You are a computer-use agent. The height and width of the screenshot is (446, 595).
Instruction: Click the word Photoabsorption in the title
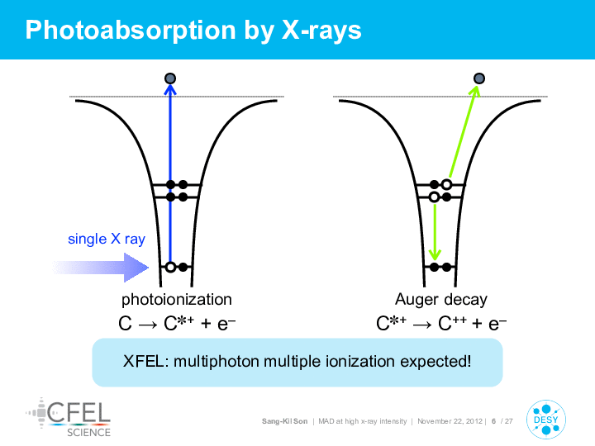click(x=131, y=31)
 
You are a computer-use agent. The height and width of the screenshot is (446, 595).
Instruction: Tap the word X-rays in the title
click(x=321, y=30)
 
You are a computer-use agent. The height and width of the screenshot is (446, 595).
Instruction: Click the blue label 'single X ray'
click(x=107, y=239)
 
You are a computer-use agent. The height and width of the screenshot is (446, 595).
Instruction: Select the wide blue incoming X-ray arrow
click(x=101, y=268)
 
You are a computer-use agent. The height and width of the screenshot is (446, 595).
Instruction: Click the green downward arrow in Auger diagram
click(x=435, y=232)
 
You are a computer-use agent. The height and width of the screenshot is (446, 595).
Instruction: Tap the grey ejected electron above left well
click(x=170, y=78)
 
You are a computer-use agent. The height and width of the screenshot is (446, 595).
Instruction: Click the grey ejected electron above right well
click(x=479, y=78)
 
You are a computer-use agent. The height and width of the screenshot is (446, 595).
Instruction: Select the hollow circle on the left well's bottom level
click(x=171, y=268)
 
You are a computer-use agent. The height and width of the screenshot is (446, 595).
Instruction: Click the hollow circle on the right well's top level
click(x=446, y=185)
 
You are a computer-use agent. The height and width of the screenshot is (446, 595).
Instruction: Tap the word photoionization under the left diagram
click(x=177, y=300)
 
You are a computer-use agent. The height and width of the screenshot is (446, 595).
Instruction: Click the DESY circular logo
click(x=546, y=420)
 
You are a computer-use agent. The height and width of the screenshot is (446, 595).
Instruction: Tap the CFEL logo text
click(x=79, y=412)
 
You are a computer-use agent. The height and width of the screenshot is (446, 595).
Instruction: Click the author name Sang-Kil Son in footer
click(x=284, y=421)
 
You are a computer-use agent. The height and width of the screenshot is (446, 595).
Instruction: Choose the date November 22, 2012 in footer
click(x=450, y=421)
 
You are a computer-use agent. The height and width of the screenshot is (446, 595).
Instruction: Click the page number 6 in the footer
click(x=493, y=421)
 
